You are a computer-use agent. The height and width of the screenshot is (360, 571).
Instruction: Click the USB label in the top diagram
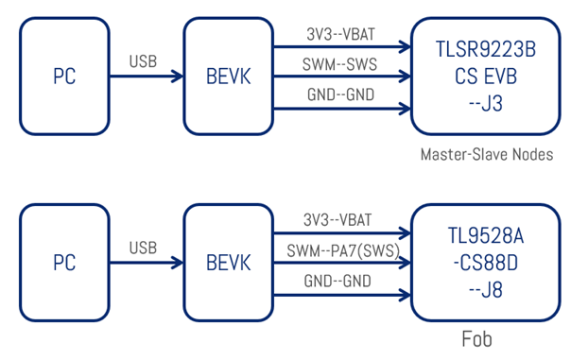pyautogui.click(x=143, y=62)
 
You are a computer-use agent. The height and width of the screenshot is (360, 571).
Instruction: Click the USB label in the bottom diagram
pyautogui.click(x=143, y=248)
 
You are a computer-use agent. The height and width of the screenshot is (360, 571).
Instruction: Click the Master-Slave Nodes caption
pyautogui.click(x=486, y=153)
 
